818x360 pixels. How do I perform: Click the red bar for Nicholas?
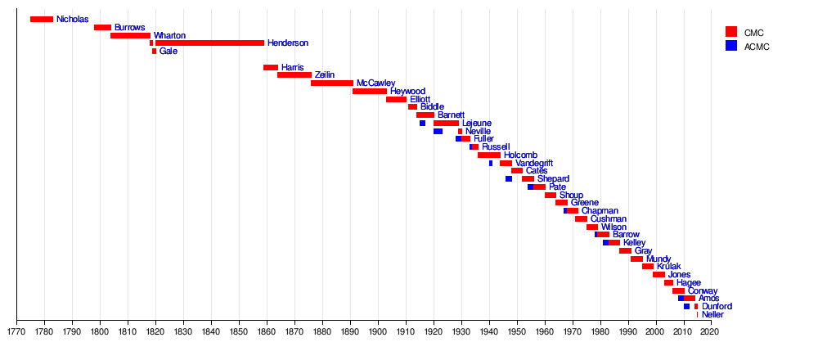point(41,20)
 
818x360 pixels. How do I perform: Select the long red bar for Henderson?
point(209,43)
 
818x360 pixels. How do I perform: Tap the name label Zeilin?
point(325,75)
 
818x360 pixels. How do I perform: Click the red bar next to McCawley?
point(332,83)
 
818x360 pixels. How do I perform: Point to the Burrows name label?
point(129,28)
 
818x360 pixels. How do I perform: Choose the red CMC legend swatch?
point(731,32)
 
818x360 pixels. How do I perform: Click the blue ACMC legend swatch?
point(731,46)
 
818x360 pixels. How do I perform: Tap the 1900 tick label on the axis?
point(378,332)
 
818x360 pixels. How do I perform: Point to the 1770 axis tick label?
point(16,332)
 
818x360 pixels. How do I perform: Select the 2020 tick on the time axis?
point(711,332)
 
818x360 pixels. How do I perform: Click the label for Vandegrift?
point(534,163)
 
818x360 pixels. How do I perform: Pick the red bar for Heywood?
point(369,91)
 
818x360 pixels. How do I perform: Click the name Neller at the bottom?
point(712,314)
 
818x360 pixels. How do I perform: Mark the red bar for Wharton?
point(130,35)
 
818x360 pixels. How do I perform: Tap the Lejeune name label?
point(477,123)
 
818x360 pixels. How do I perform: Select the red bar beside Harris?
point(270,67)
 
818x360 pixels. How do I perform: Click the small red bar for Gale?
point(154,52)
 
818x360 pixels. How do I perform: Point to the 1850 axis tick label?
point(239,332)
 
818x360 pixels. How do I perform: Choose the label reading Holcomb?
point(520,155)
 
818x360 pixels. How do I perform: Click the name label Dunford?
point(717,306)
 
